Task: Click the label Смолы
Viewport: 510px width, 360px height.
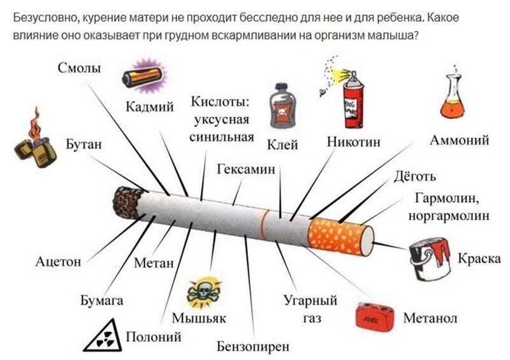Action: (x=79, y=68)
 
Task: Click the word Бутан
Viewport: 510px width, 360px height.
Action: (x=84, y=144)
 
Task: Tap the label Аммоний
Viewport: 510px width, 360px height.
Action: (x=459, y=140)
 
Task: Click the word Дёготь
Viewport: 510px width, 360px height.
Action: (x=414, y=176)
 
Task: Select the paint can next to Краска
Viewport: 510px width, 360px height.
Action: (x=430, y=259)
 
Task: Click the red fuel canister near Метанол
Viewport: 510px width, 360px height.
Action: (x=375, y=317)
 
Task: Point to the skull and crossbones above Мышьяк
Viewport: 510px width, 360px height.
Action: (x=203, y=292)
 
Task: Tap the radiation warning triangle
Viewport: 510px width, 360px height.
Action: (x=103, y=336)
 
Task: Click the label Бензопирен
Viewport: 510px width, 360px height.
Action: (x=253, y=347)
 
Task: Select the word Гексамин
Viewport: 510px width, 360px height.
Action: (x=246, y=169)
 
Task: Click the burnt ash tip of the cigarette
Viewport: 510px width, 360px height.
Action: (x=128, y=203)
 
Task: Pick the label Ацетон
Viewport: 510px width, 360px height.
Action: (x=58, y=261)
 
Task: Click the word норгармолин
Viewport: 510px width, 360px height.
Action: (x=449, y=216)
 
